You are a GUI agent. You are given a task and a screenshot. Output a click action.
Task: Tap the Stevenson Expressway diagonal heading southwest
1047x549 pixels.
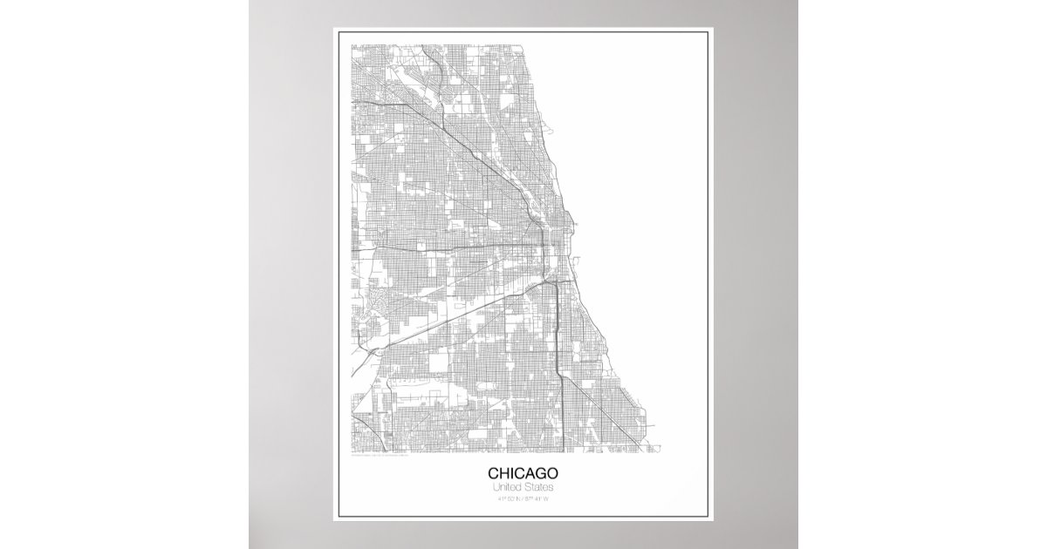coord(471,305)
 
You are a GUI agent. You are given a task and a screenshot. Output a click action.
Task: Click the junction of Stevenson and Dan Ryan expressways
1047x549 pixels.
coord(548,284)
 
